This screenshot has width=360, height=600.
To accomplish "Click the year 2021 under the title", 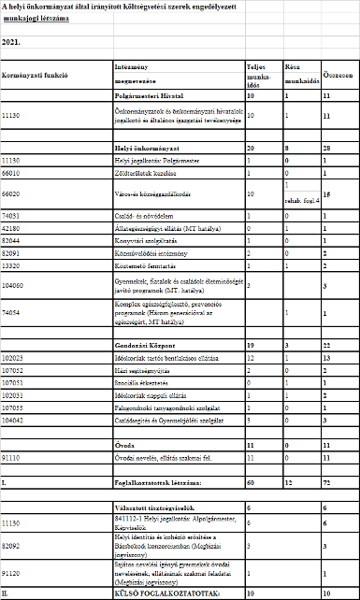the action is coord(11,42).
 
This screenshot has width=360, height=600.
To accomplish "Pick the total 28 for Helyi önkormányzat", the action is coord(325,149).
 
